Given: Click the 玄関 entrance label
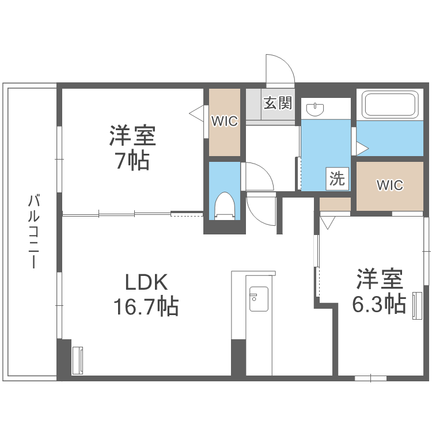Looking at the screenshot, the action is click(x=278, y=103).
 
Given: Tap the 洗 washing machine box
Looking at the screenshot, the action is click(x=338, y=179).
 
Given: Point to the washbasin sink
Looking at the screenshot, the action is click(x=315, y=109).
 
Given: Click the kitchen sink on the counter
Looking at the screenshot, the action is click(x=259, y=299).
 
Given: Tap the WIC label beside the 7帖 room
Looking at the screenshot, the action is click(x=225, y=121).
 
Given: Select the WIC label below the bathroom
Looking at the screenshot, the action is click(x=390, y=185).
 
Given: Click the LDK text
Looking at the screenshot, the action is click(x=146, y=282).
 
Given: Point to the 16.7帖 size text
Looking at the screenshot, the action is click(x=146, y=306).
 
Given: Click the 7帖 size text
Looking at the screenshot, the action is click(x=133, y=160).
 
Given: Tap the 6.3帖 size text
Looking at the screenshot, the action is click(x=380, y=304).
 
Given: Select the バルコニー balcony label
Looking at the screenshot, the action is click(x=33, y=231).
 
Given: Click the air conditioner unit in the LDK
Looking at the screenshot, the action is click(x=77, y=361).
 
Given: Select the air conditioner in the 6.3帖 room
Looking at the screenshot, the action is click(x=417, y=306).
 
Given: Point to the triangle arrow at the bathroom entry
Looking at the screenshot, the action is click(x=362, y=149).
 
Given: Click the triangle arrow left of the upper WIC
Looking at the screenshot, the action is click(x=196, y=113).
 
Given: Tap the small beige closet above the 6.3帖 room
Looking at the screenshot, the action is click(x=335, y=204).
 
